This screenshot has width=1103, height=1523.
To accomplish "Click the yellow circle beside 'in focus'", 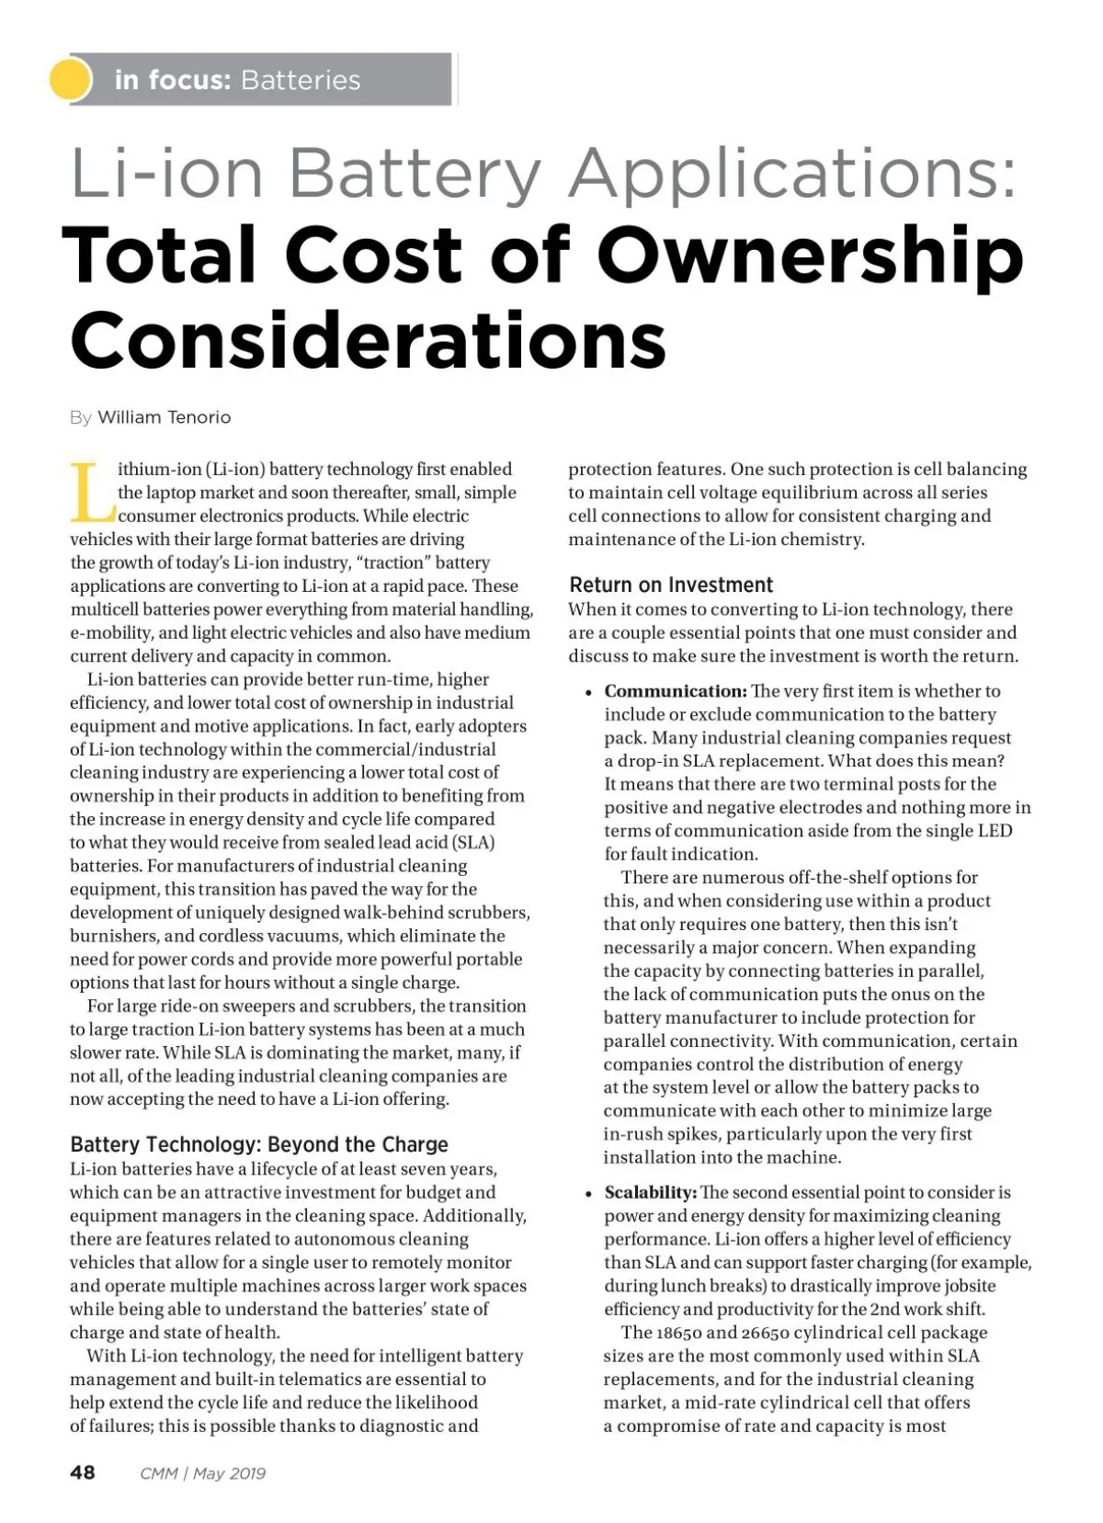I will [70, 79].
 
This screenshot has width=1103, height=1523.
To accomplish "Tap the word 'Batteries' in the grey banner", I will [300, 80].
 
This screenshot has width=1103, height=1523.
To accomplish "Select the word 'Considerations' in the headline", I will [368, 339].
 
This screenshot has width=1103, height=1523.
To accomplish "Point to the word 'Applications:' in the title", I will [794, 173].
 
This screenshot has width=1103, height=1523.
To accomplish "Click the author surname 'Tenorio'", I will [198, 417].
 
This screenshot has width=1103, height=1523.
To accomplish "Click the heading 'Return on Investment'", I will [671, 585].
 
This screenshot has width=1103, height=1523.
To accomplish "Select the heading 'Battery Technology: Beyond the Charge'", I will [259, 1144].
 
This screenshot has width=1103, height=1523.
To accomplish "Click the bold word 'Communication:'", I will [675, 691].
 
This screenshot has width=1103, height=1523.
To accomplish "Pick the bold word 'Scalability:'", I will [650, 1192].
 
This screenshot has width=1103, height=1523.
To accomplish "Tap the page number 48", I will [83, 1472].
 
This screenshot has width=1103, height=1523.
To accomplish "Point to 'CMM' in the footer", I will [159, 1473].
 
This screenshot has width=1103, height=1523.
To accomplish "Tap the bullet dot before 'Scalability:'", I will [586, 1194].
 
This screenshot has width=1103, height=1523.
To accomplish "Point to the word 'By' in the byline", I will [80, 417].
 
